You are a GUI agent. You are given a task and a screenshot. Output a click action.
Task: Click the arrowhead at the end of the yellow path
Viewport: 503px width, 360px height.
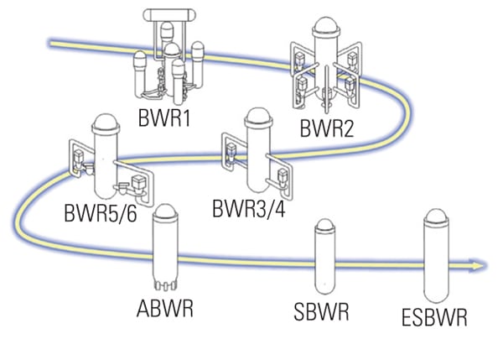pyautogui.click(x=479, y=266)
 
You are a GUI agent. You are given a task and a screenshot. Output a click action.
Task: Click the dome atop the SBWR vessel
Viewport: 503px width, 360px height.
pyautogui.click(x=324, y=228)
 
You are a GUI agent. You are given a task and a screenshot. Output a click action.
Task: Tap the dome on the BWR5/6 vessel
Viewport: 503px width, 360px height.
pyautogui.click(x=106, y=123)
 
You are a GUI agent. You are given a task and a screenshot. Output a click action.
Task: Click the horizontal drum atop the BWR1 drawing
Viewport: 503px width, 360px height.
pyautogui.click(x=171, y=14)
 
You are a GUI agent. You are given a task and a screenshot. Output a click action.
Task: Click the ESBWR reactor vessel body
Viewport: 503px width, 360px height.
pyautogui.click(x=435, y=260)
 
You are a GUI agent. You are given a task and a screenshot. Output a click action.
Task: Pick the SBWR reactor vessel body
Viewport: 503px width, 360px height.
pyautogui.click(x=324, y=264)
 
